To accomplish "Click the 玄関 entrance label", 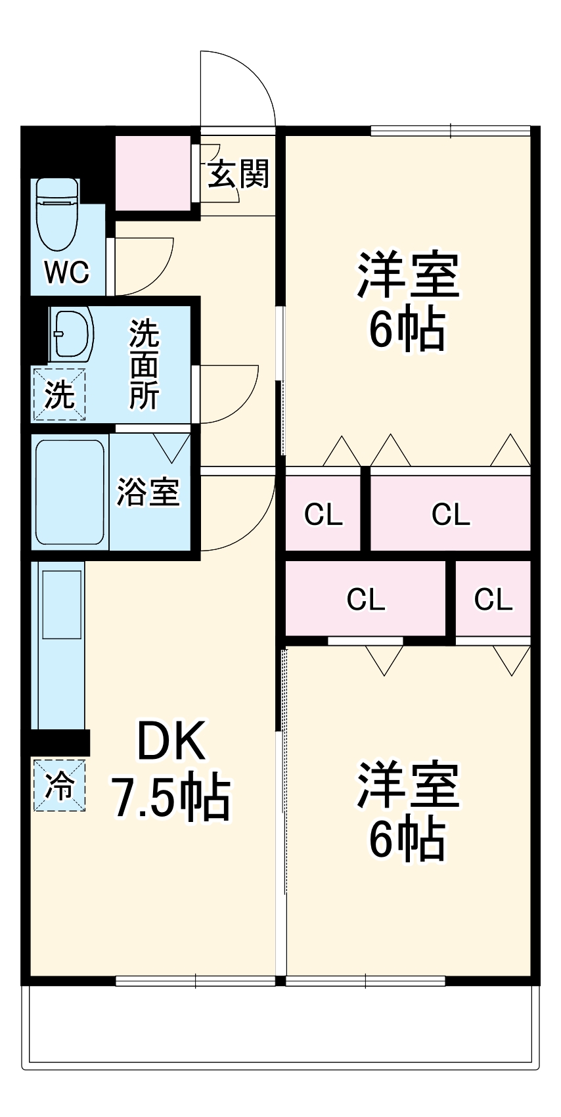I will click(x=238, y=173).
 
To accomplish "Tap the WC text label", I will click(x=67, y=271).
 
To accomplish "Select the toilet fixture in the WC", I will click(x=58, y=214).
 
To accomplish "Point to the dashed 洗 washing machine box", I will click(x=59, y=394).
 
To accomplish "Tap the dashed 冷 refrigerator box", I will click(x=60, y=785).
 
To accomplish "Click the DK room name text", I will click(x=171, y=741).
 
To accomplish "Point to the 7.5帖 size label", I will click(x=171, y=798).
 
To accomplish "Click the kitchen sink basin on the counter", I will click(x=62, y=604).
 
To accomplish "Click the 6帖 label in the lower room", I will click(x=408, y=838).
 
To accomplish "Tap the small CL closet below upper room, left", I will click(x=323, y=514).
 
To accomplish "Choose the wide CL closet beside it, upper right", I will click(x=451, y=514).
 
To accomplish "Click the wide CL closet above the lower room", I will click(x=365, y=599).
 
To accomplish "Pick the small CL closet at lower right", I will click(x=493, y=599).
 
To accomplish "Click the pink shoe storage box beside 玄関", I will click(x=153, y=172).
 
